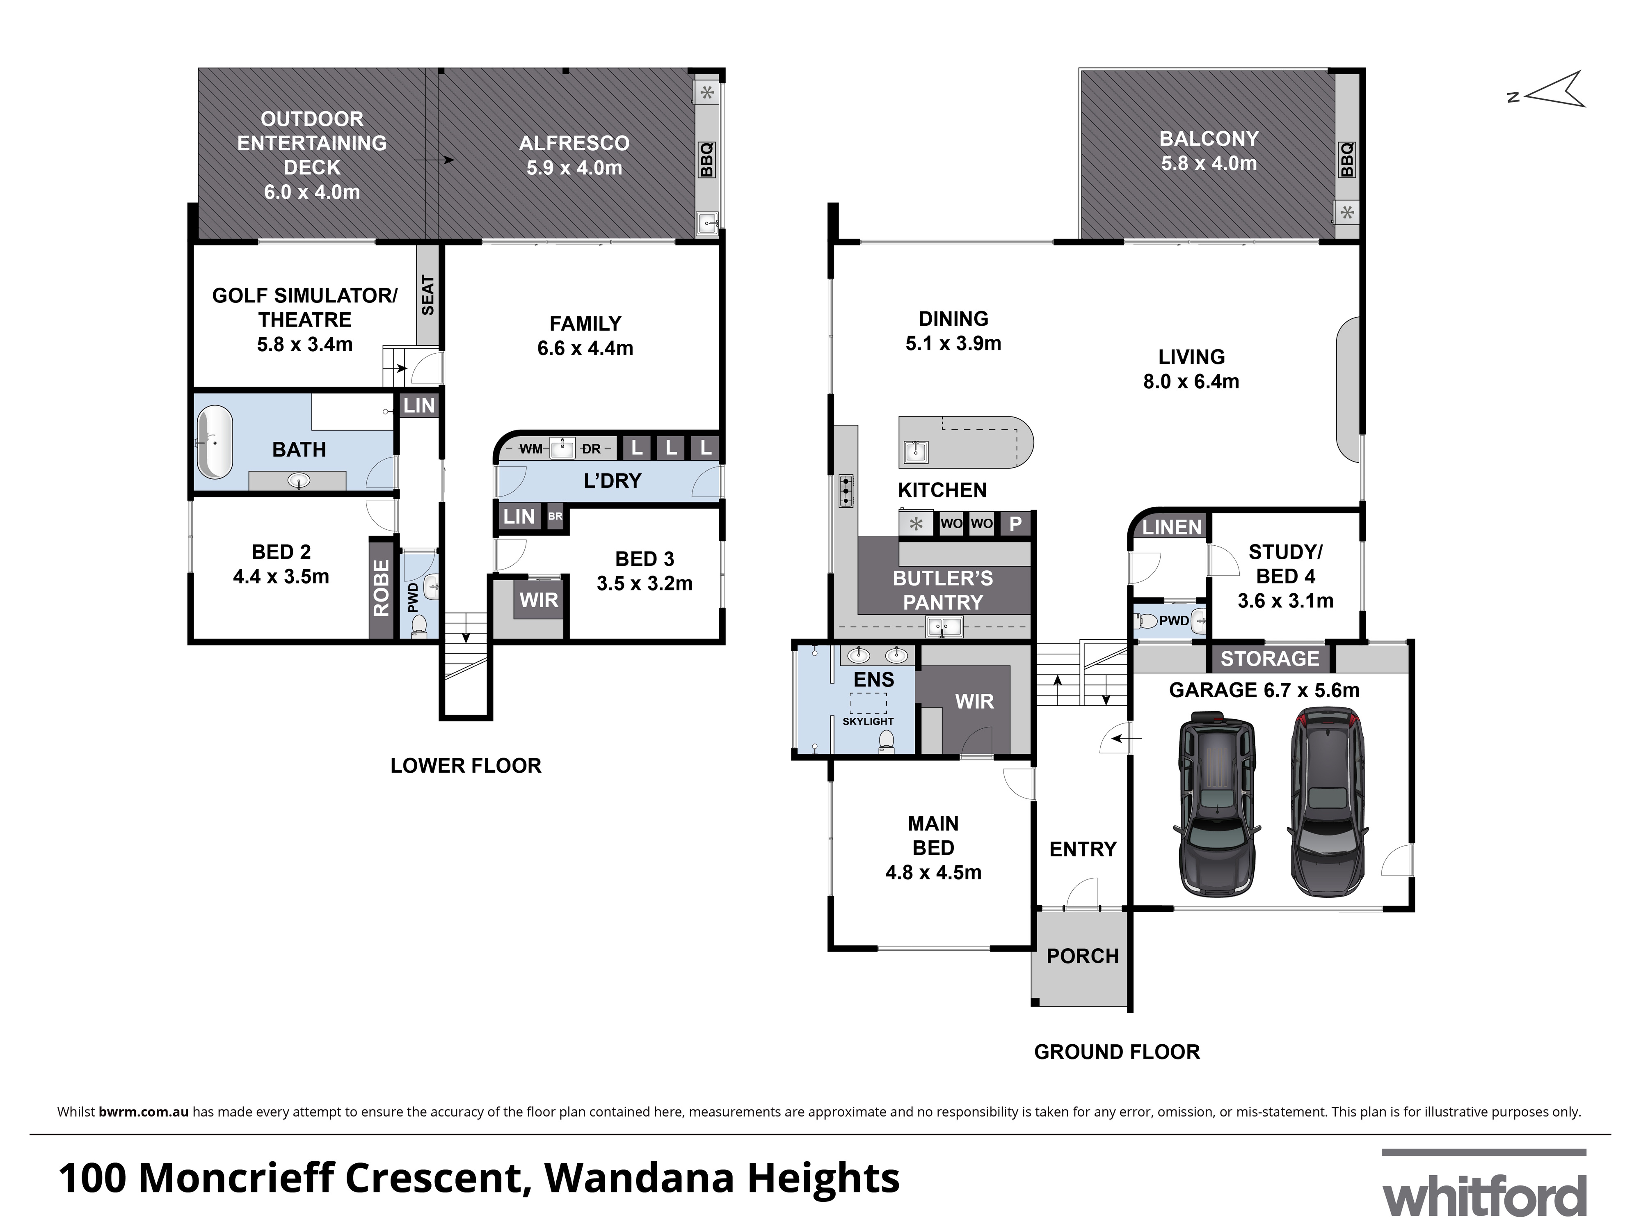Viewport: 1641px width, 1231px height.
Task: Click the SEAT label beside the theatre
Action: coord(427,295)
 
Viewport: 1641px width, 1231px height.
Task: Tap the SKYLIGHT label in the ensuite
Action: coord(868,721)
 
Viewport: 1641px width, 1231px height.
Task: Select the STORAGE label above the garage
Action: coord(1270,658)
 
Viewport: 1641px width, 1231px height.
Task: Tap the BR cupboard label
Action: coord(555,517)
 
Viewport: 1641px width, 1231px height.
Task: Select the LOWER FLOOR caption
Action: coord(466,766)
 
